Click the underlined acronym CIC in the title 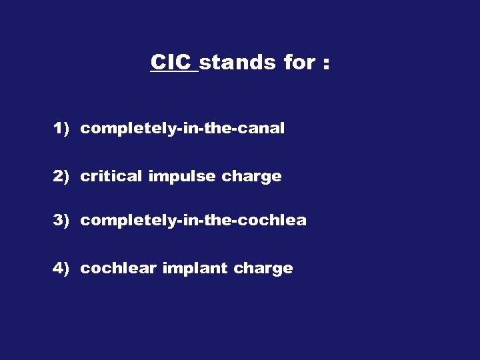point(172,63)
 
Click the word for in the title point(298,63)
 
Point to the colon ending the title point(325,65)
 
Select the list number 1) point(61,128)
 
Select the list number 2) point(61,176)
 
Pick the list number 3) point(61,220)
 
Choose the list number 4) point(61,268)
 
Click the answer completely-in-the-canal point(182,128)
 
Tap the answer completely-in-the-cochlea point(193,220)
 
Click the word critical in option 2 point(111,176)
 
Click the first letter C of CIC point(159,63)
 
